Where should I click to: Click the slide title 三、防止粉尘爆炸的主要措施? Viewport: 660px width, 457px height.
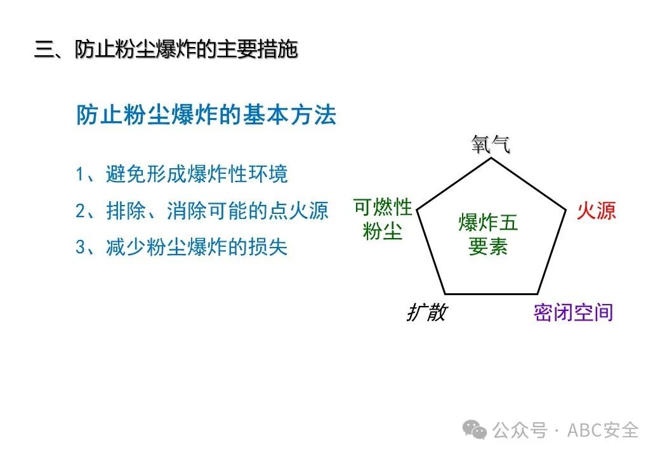coord(166,50)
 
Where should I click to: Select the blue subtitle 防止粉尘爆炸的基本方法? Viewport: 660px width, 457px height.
coord(206,116)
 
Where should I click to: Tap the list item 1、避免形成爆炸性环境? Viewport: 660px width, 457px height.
coord(181,174)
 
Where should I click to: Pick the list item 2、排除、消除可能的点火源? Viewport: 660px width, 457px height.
coord(202,211)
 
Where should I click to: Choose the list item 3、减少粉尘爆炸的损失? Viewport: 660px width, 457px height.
coord(181,247)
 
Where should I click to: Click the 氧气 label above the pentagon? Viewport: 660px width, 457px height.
coord(491,145)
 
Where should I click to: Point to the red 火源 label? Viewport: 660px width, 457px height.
coord(596,211)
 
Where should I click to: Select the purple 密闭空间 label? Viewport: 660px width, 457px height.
coord(573,312)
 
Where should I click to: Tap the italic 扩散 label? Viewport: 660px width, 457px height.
coord(426,312)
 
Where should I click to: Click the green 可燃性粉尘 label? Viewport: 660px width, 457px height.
coord(383,220)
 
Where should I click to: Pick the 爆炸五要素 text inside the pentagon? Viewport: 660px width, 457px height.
coord(488,234)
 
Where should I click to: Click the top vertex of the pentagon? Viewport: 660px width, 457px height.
coord(490,158)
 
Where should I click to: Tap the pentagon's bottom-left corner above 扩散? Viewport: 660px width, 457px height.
coord(444,294)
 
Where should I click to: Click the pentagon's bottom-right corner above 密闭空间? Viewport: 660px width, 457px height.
coord(537,294)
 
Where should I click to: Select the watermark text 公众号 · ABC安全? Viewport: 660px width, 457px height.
coord(565,430)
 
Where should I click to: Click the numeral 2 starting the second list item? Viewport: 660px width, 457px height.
coord(81,211)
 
